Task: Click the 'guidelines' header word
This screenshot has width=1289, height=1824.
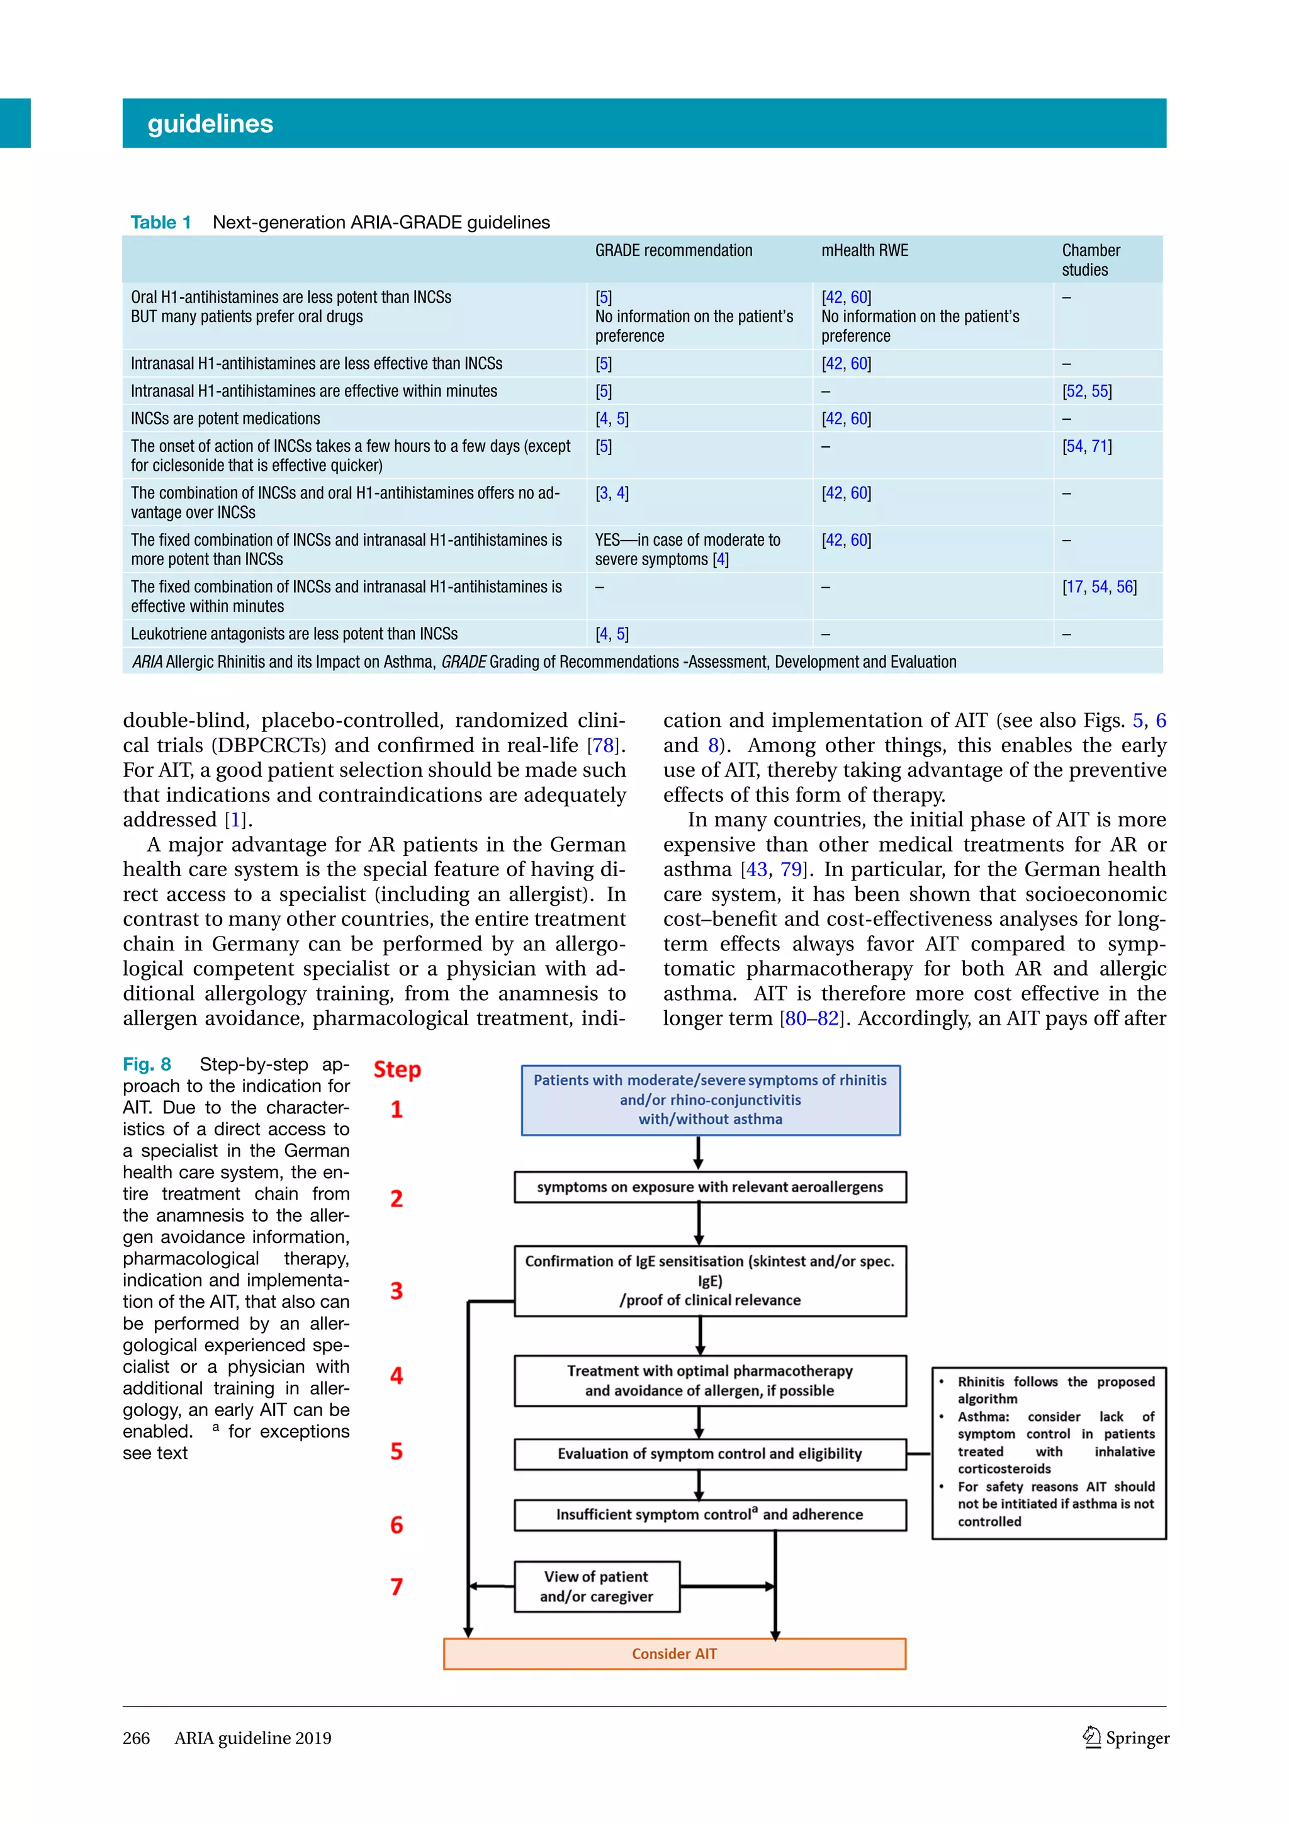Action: [210, 124]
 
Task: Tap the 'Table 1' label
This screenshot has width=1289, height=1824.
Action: [160, 222]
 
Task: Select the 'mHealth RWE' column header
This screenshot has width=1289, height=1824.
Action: [864, 251]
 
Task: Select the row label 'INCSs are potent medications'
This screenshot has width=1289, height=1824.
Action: [225, 419]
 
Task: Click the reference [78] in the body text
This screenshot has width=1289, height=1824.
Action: [603, 745]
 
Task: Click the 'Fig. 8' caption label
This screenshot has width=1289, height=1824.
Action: [147, 1064]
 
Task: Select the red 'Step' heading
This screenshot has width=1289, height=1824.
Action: [397, 1069]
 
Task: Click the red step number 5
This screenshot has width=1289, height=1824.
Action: [397, 1451]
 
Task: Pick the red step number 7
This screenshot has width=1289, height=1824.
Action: [397, 1587]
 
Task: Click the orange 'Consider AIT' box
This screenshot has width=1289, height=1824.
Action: [674, 1653]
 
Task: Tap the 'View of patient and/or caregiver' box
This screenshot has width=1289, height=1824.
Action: [597, 1587]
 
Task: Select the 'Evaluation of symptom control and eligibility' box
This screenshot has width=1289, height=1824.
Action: [709, 1454]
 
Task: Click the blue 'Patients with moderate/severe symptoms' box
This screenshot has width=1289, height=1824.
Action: [710, 1100]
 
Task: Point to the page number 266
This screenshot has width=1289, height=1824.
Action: [136, 1738]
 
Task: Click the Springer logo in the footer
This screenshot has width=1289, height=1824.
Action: [1125, 1738]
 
